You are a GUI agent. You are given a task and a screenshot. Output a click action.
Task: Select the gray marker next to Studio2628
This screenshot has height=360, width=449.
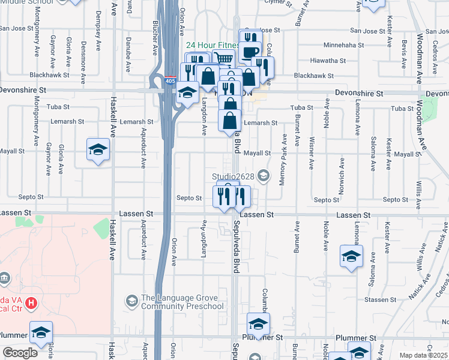[263, 175]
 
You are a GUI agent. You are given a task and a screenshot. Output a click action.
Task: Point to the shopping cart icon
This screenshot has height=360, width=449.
[223, 59]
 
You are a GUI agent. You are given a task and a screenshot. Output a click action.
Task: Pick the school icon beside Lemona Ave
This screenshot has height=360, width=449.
[352, 257]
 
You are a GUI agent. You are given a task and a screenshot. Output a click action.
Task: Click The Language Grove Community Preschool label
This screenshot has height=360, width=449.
[182, 302]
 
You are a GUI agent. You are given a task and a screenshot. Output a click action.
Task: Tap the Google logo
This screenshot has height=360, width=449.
[20, 353]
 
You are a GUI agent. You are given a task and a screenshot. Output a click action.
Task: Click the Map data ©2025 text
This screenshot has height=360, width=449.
[424, 355]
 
